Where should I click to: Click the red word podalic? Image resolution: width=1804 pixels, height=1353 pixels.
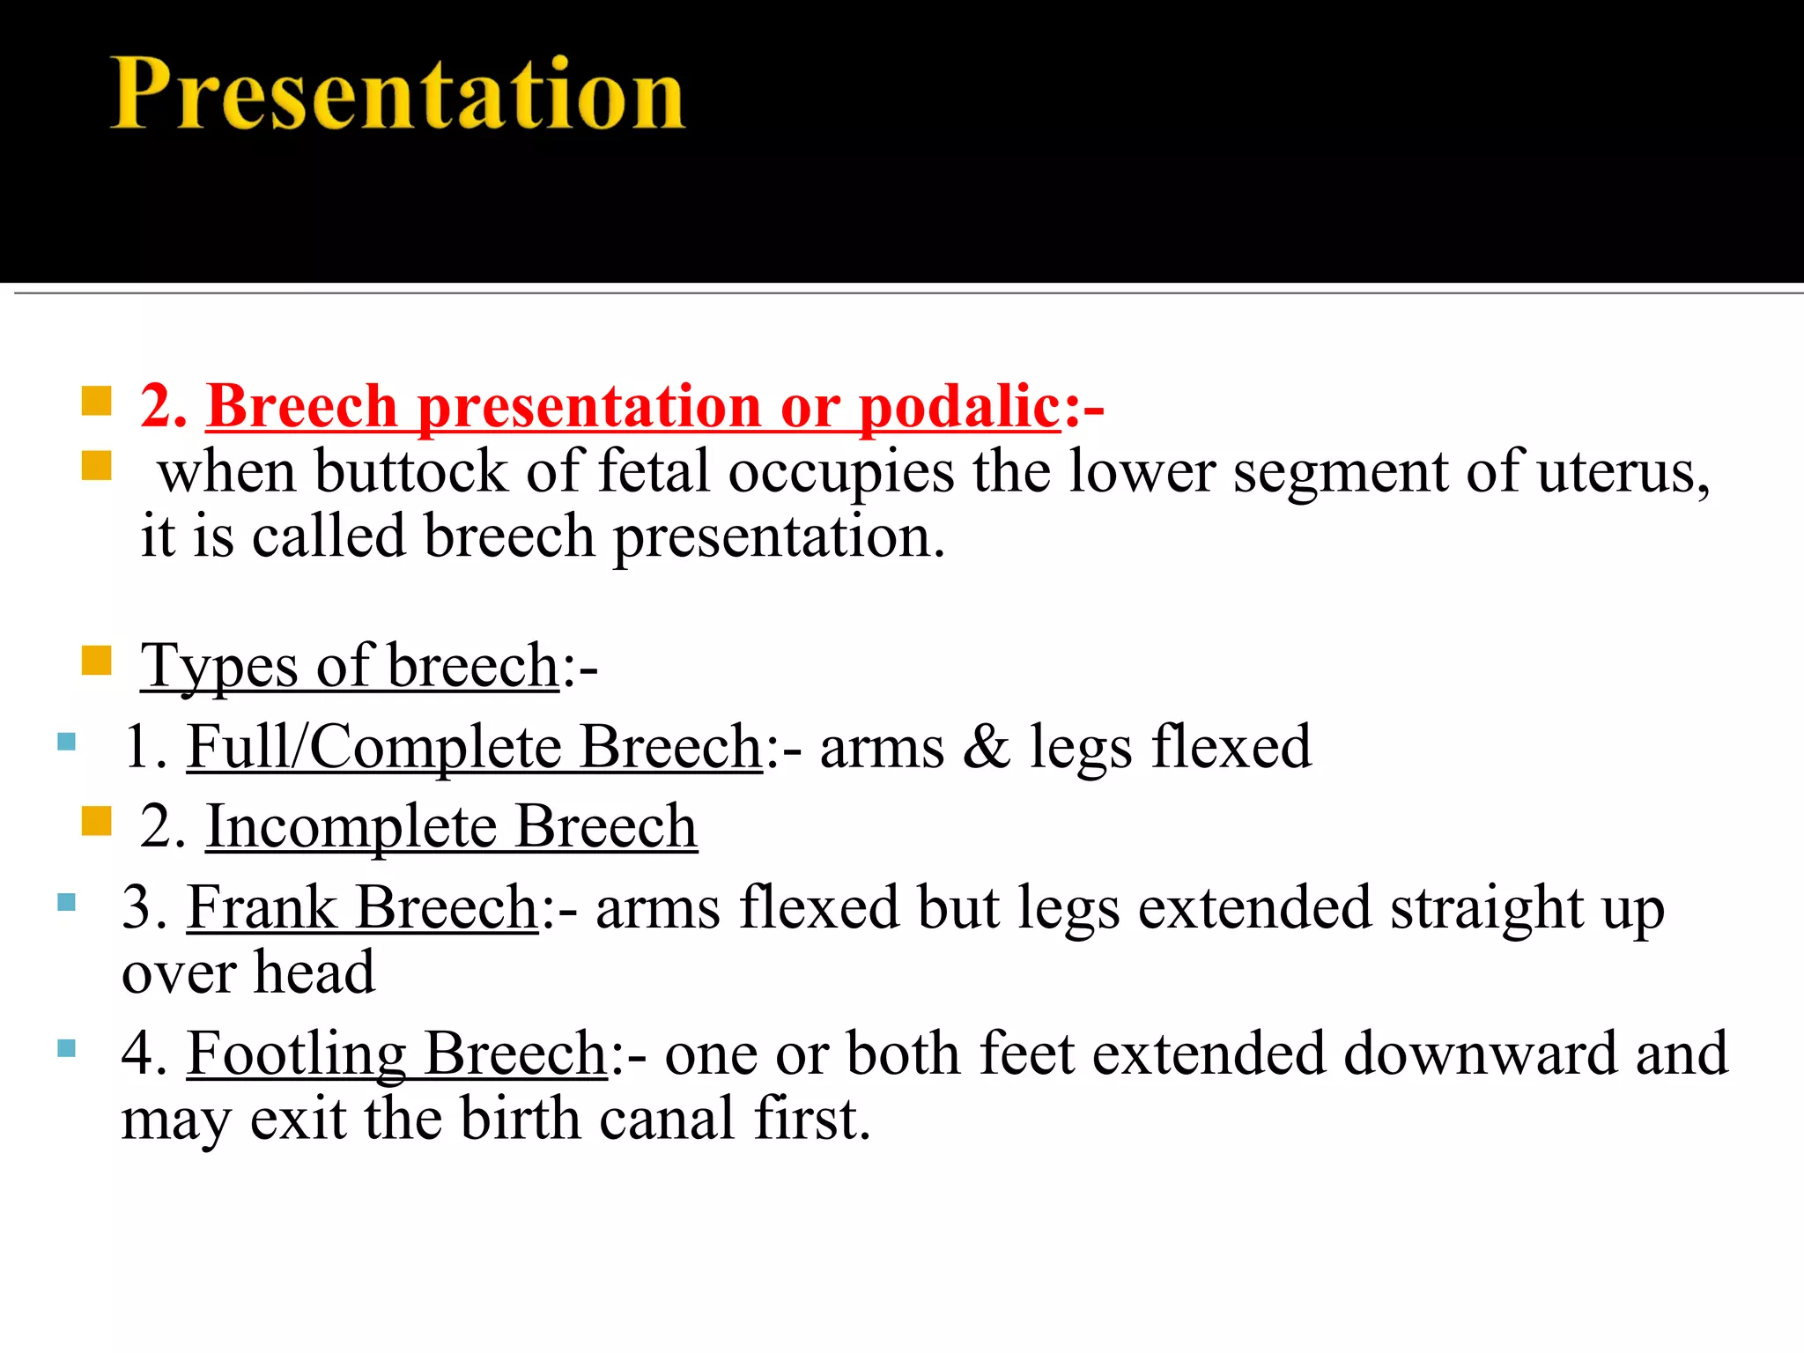[958, 407]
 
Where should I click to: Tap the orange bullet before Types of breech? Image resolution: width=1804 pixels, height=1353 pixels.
[96, 660]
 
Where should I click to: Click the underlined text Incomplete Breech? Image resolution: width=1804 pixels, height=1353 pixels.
[451, 827]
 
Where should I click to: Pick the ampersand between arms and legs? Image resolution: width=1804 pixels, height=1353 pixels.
[986, 747]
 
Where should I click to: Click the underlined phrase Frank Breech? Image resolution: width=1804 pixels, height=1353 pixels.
[362, 907]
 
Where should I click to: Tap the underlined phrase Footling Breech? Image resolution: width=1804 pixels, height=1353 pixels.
[396, 1054]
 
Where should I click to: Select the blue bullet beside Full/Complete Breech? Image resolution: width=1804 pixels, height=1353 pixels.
[66, 742]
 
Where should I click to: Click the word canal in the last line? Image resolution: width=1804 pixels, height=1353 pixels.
[667, 1119]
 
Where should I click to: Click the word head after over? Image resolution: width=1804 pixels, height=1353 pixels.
[314, 972]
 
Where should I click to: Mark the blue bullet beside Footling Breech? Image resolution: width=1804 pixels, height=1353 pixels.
[66, 1048]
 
